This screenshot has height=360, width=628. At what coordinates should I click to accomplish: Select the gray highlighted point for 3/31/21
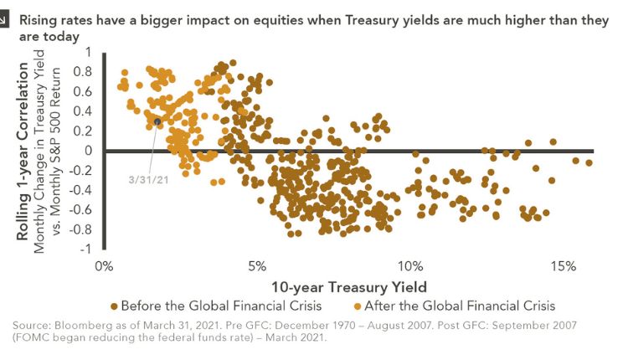(157, 121)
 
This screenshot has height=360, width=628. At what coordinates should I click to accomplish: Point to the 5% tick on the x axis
(256, 266)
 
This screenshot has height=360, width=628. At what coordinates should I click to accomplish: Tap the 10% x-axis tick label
(409, 266)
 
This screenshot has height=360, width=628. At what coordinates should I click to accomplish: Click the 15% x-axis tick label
(563, 266)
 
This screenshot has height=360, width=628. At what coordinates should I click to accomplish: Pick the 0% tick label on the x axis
(104, 266)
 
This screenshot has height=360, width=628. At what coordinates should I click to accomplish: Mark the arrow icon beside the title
(6, 20)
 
